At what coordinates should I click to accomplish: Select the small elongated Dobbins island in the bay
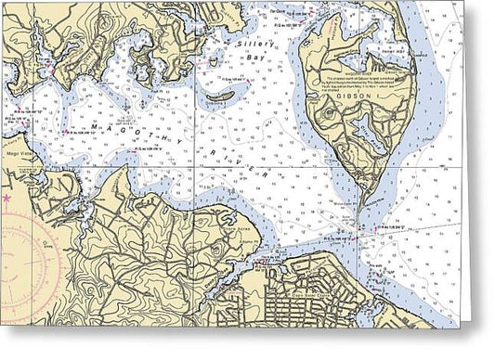tap(221, 96)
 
